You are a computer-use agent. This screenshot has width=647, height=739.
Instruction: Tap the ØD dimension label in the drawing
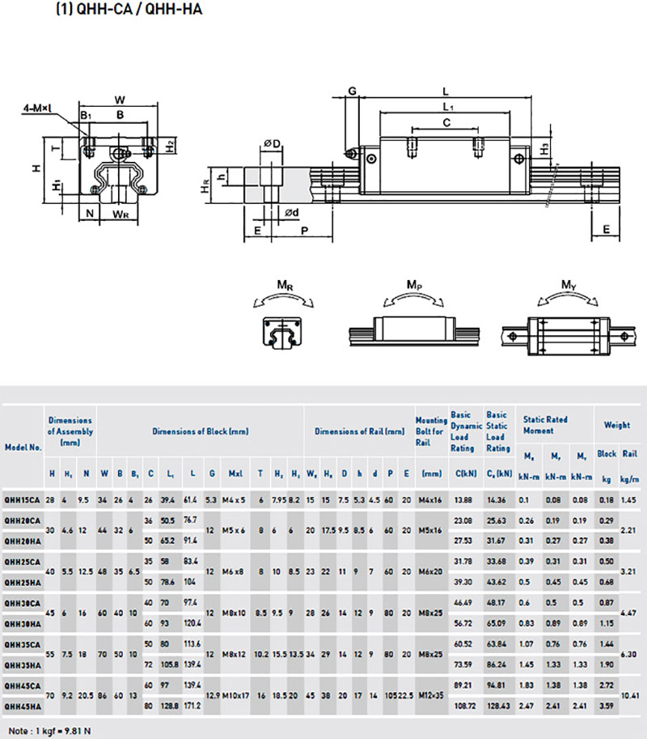272,144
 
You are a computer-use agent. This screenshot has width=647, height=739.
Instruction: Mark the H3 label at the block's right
545,148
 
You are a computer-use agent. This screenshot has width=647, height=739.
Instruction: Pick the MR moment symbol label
284,285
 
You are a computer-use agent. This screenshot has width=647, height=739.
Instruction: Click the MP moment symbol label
413,285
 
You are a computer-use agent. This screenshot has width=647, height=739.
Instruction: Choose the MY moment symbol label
569,285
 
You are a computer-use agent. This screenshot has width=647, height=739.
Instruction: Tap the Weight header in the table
617,425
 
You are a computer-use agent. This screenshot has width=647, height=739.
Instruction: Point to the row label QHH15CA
23,502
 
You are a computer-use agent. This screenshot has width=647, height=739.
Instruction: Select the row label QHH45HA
23,706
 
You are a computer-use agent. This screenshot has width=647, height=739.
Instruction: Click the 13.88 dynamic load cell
463,502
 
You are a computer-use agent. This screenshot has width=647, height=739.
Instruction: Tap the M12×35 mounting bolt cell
431,695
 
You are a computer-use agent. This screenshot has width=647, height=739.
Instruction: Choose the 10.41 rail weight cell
629,695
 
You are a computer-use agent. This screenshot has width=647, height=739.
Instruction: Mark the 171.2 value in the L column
192,706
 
